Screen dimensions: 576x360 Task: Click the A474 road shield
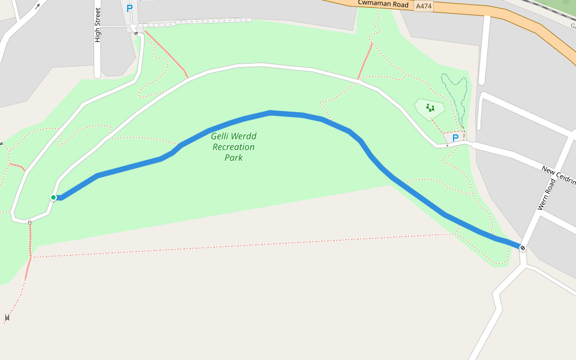[x=424, y=6]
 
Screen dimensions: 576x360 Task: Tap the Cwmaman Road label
[x=383, y=4]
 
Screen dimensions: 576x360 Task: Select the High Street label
[x=98, y=25]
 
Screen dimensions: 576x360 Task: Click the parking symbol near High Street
[x=129, y=8]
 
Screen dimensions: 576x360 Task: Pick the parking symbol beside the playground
[x=455, y=138]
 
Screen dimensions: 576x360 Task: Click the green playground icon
[x=430, y=107]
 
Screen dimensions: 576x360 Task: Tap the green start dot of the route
[x=53, y=197]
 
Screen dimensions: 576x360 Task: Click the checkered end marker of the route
[x=523, y=248]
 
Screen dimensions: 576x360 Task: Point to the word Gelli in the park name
[x=221, y=136]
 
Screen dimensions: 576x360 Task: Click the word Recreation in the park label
[x=233, y=147]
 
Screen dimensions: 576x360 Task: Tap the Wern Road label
[x=547, y=193]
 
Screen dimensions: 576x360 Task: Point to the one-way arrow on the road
[x=37, y=7]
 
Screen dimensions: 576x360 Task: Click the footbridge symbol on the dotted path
[x=7, y=317]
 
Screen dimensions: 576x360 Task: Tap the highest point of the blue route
[x=271, y=112]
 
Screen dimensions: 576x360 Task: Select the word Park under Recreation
[x=233, y=158]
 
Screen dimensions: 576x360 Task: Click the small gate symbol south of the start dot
[x=29, y=223]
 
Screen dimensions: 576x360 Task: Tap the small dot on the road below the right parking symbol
[x=447, y=145]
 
